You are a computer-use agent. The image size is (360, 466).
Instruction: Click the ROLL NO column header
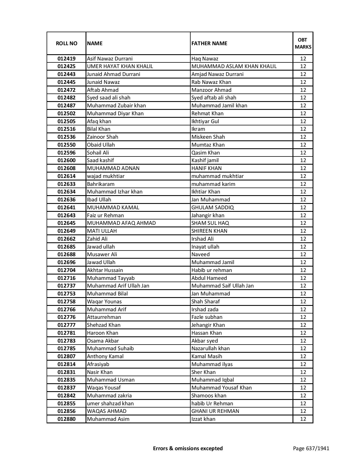click(66, 43)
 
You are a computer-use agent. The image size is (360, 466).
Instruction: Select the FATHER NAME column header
click(209, 43)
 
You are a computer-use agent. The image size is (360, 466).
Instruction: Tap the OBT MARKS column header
click(303, 43)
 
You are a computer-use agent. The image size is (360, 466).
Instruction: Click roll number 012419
click(66, 59)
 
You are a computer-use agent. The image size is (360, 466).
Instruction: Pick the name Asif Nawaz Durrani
click(110, 59)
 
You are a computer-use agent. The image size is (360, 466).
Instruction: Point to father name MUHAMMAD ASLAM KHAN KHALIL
click(234, 66)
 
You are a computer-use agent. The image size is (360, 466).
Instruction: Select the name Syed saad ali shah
click(108, 98)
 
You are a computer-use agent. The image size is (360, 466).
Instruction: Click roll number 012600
click(66, 160)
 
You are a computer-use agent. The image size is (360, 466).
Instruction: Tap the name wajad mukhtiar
click(106, 176)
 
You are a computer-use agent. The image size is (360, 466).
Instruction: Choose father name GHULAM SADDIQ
click(212, 208)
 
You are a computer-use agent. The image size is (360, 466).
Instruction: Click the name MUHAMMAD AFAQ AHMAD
click(121, 223)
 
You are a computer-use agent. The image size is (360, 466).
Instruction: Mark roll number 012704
click(66, 270)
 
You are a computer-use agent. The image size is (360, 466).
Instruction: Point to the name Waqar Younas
click(104, 302)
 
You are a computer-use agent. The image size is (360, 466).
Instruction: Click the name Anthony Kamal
click(105, 356)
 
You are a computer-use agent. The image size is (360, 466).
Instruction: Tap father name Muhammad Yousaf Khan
click(221, 388)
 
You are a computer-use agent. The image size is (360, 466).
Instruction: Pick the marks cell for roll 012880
click(303, 419)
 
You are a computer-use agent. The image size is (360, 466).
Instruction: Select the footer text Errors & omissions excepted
click(188, 448)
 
